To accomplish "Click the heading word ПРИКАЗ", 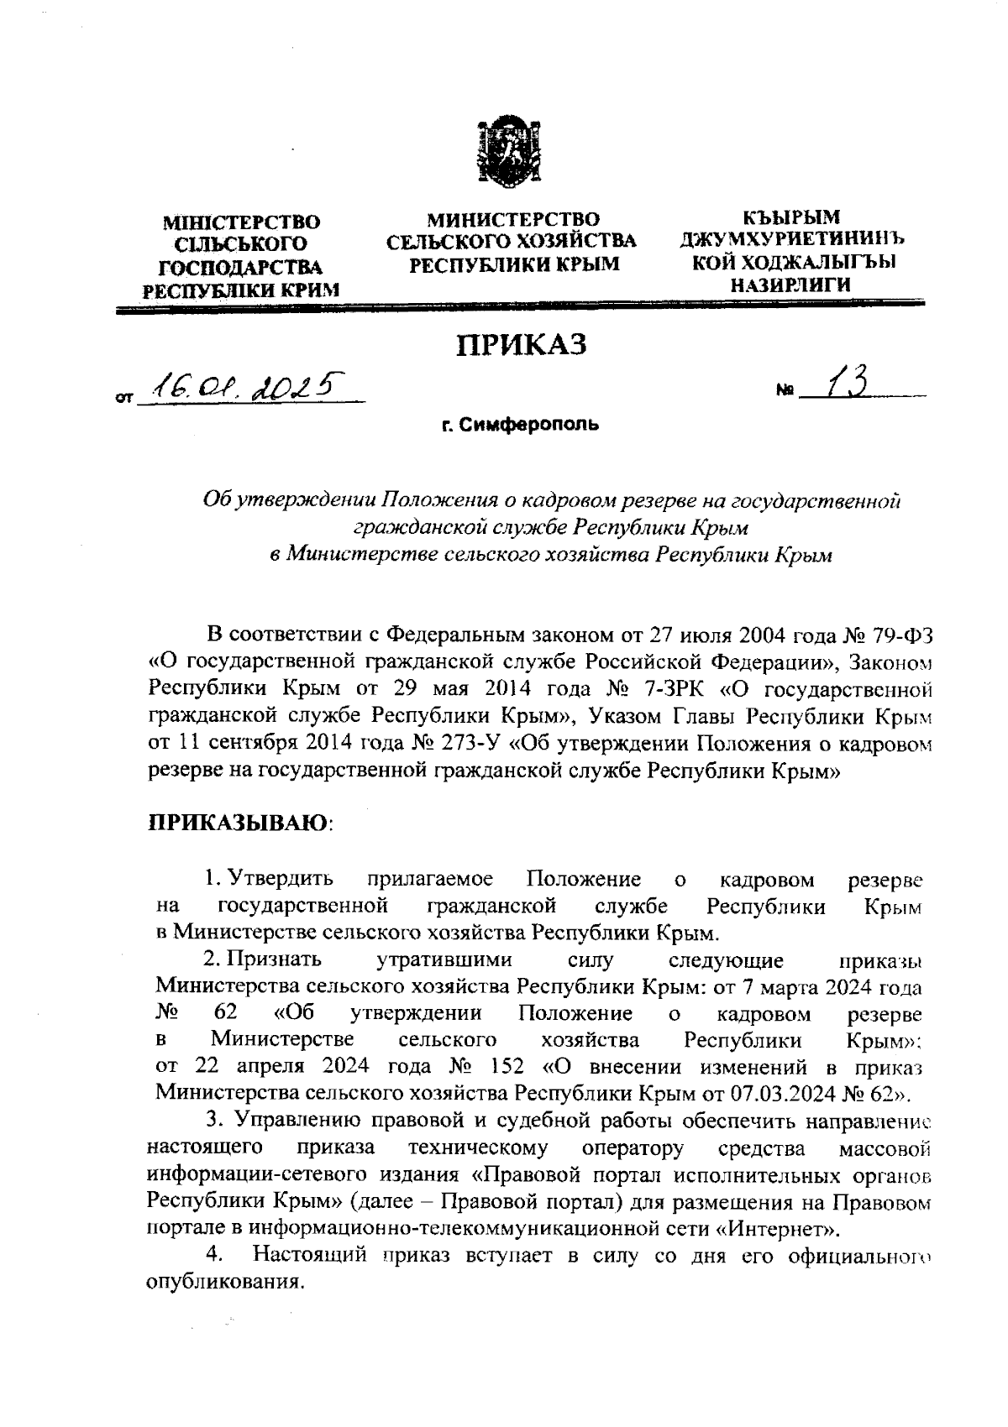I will (x=520, y=345).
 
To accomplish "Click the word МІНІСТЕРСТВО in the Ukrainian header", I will (x=242, y=222).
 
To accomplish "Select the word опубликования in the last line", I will (x=223, y=1284).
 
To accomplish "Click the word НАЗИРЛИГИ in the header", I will (x=791, y=285).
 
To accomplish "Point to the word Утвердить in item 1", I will (x=281, y=879).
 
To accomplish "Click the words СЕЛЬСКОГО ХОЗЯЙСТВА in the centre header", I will (x=512, y=242).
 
